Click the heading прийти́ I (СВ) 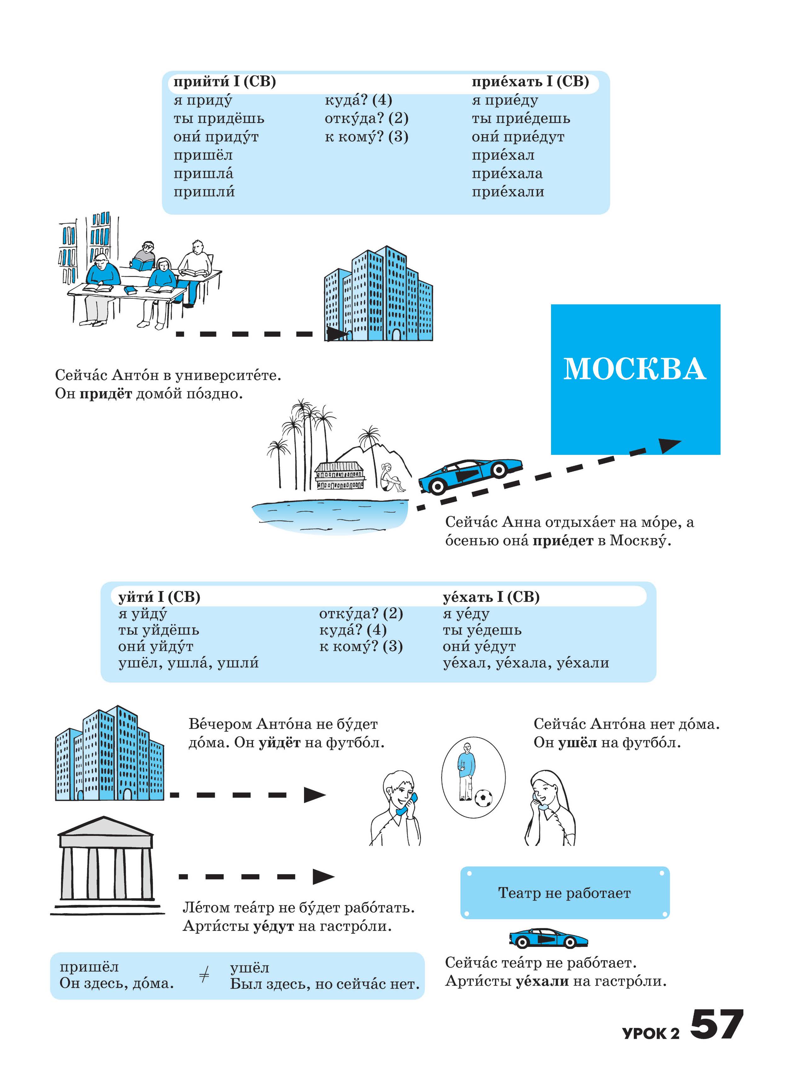224,82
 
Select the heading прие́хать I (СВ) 530,82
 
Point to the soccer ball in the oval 483,799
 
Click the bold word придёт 105,394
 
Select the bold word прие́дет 563,541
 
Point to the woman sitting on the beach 390,478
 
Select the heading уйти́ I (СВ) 159,597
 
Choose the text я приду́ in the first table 203,100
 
